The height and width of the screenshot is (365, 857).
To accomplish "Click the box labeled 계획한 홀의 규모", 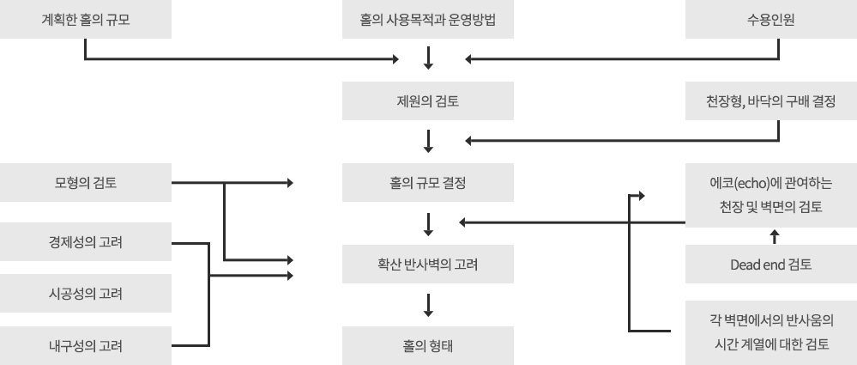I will click(86, 19).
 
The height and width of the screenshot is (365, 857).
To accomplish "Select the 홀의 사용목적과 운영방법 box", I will click(428, 19).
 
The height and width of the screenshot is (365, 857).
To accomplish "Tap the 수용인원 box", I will click(770, 19).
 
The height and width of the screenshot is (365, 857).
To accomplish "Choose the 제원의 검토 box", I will click(428, 100).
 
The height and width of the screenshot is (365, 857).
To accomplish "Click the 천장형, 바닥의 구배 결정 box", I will click(770, 100).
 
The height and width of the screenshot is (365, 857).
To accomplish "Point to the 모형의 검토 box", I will click(86, 182).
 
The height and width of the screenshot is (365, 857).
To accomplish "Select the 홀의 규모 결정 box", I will click(428, 182).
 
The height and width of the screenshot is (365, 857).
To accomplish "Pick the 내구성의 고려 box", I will click(86, 347).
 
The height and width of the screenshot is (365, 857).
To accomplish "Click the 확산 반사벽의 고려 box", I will click(428, 265).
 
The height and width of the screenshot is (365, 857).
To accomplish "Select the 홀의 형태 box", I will click(428, 347).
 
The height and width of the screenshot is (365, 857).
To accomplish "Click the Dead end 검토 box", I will click(770, 265).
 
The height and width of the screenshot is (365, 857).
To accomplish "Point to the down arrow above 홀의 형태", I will click(428, 306).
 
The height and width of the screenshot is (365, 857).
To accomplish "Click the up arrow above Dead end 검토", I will click(775, 234).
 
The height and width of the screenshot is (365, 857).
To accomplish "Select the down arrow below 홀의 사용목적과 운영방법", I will click(428, 59).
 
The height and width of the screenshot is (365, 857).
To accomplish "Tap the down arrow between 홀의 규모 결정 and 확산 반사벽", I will click(428, 223).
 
